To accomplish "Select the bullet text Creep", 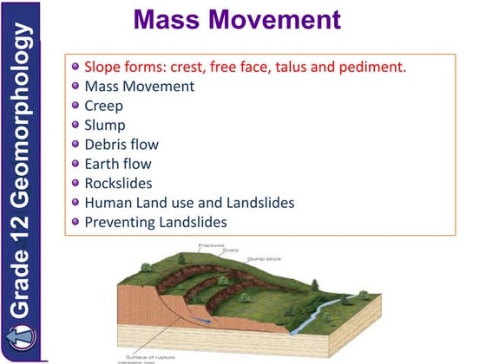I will (x=103, y=105).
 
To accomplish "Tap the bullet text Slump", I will (x=105, y=125).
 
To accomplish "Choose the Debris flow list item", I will (x=121, y=144).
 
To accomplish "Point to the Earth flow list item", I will (x=117, y=164).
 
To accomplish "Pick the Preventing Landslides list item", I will (x=155, y=222).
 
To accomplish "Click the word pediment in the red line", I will (x=374, y=67).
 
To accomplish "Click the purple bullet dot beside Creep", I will (x=76, y=106).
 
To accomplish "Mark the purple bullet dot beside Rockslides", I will (x=76, y=184).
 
